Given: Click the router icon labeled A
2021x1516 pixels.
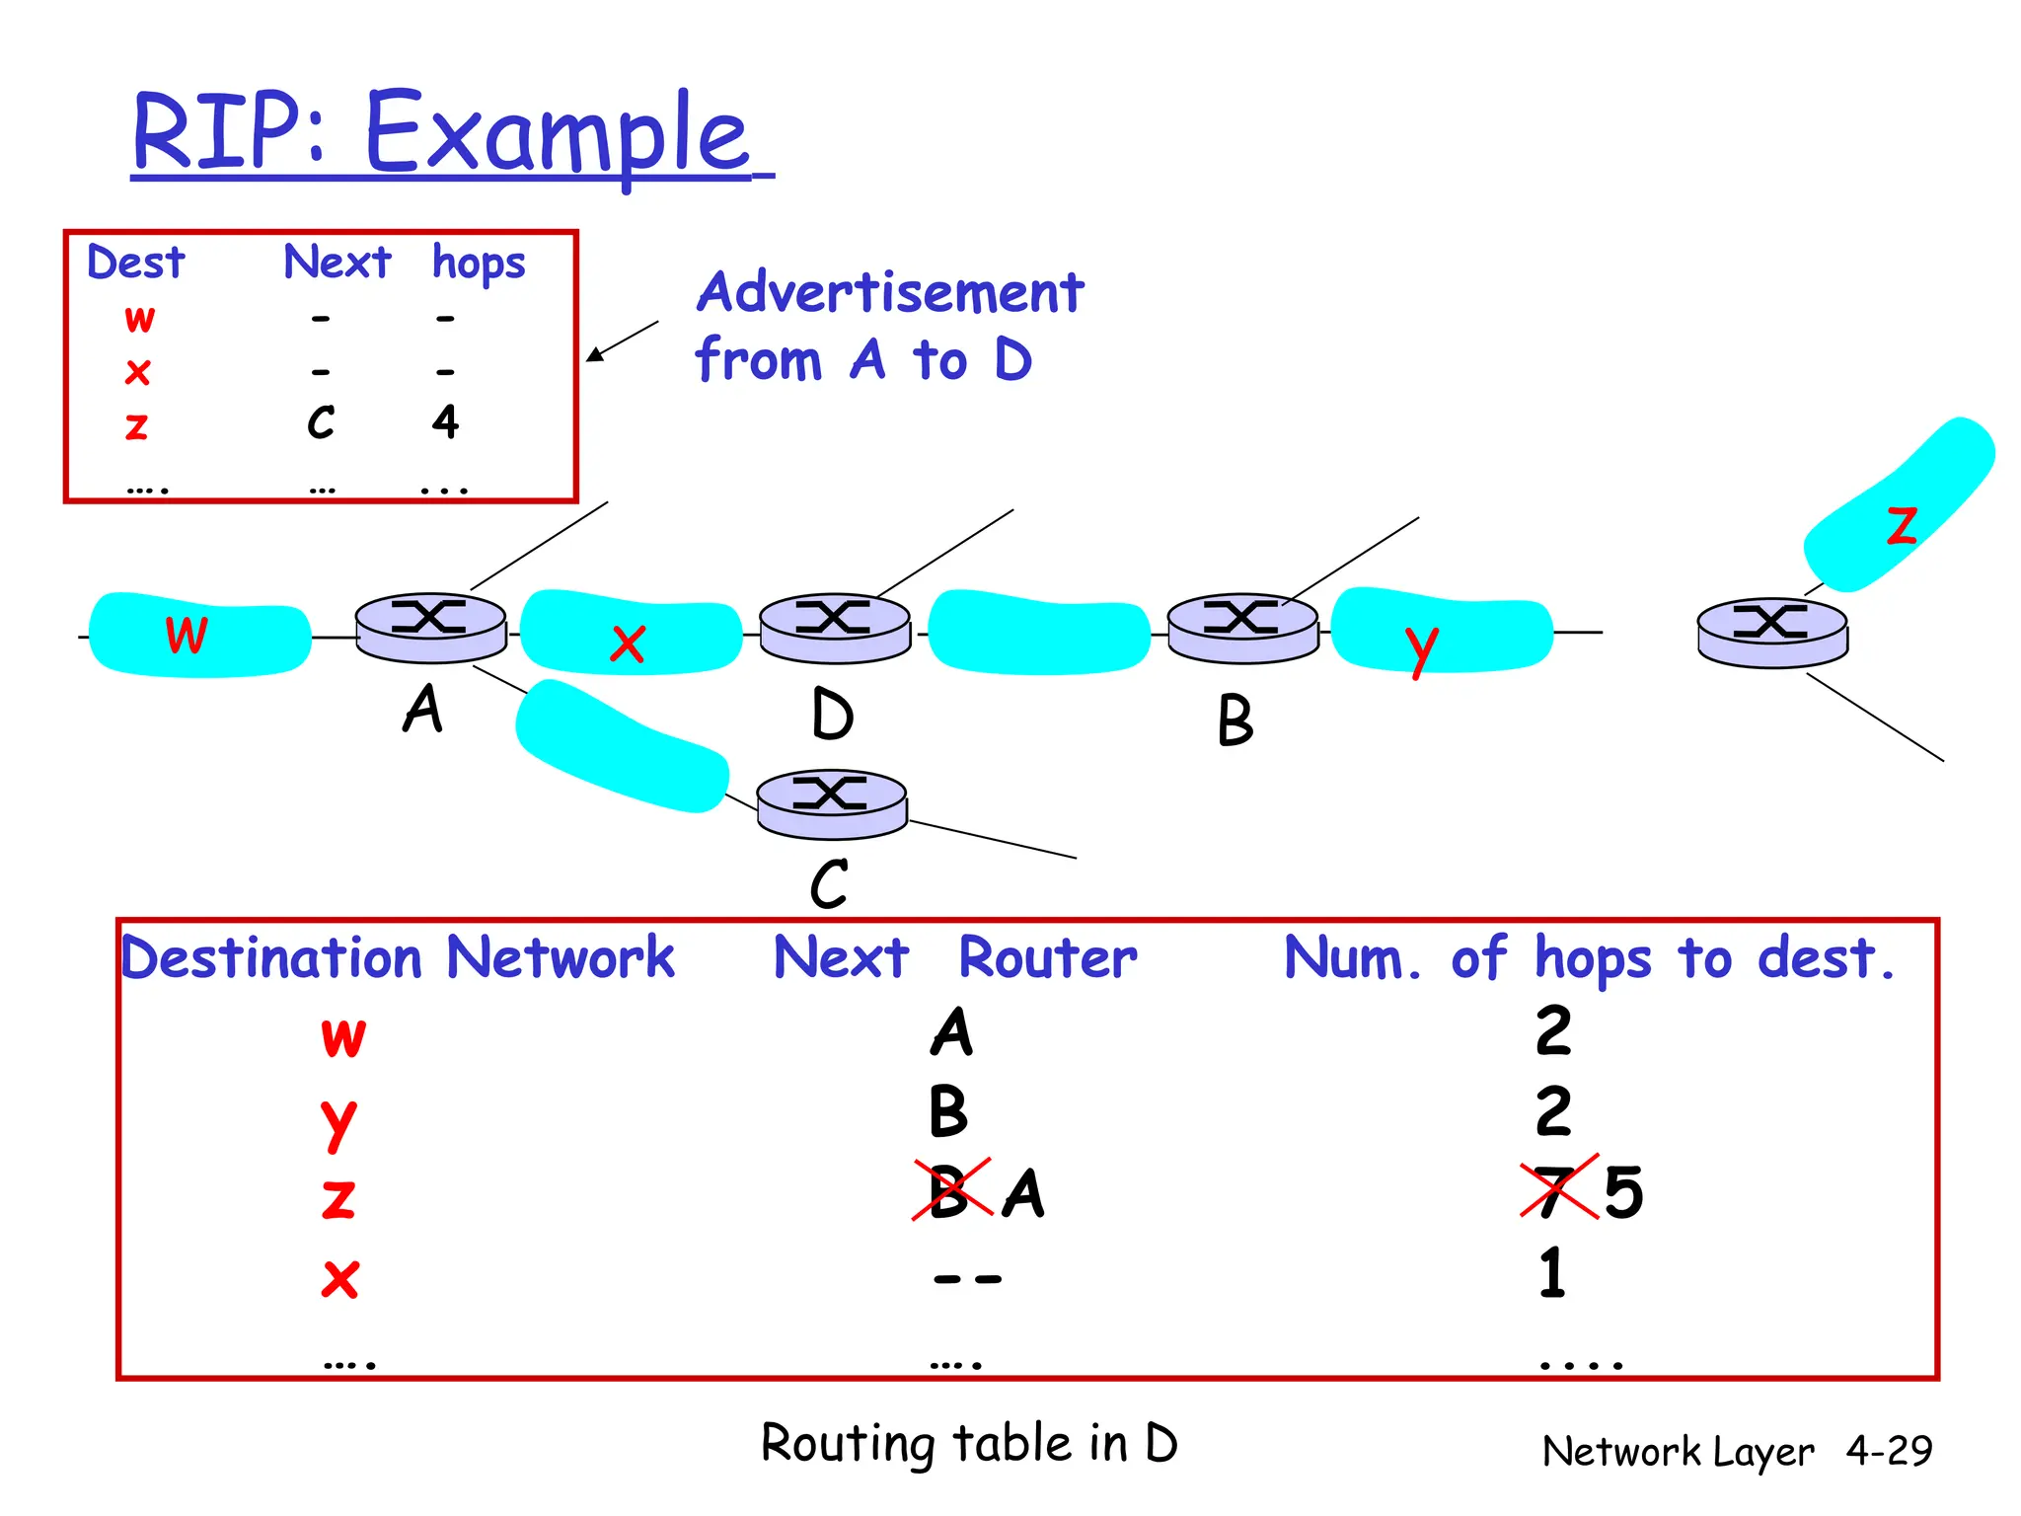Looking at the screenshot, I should coord(430,628).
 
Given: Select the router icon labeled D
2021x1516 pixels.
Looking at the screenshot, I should coord(835,628).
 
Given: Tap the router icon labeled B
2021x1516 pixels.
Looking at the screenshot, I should coord(1242,628).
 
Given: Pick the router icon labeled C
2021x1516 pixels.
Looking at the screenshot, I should coord(832,803).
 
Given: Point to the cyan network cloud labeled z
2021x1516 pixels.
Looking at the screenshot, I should coord(1899,505).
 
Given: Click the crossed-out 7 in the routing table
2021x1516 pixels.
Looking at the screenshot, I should coord(1557,1191).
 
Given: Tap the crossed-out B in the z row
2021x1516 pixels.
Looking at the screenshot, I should coord(949,1191).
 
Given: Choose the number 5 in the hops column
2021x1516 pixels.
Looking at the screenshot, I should coord(1623,1191).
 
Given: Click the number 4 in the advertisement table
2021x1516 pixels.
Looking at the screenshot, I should coord(445,422).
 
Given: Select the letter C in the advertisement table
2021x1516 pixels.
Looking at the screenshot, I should coord(321,422).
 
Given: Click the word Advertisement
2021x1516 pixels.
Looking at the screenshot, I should coord(890,292).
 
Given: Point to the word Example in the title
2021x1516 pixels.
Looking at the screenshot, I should coord(558,132).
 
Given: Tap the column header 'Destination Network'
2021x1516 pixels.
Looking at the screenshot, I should coord(398,957).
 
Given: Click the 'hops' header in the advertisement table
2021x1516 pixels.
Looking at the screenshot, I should coord(479,264).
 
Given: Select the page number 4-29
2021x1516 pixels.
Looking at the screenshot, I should coord(1889,1450).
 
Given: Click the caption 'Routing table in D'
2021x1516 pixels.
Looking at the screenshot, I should coord(969,1443).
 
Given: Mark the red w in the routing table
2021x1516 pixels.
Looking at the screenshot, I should coord(343,1036).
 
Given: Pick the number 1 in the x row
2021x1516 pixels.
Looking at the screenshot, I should coord(1552,1272).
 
